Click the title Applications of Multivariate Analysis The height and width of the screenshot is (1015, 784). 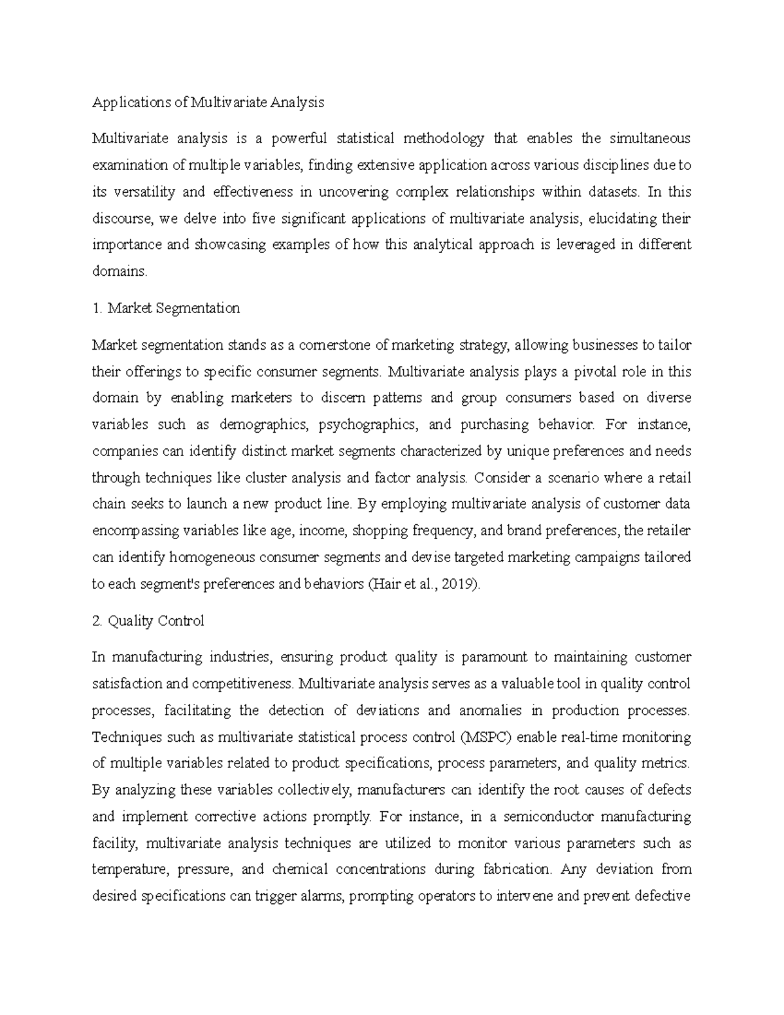pos(208,103)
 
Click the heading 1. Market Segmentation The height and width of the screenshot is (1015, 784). pos(166,308)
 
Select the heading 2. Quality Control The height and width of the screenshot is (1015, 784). pos(148,621)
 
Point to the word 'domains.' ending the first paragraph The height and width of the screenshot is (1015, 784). pos(120,272)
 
